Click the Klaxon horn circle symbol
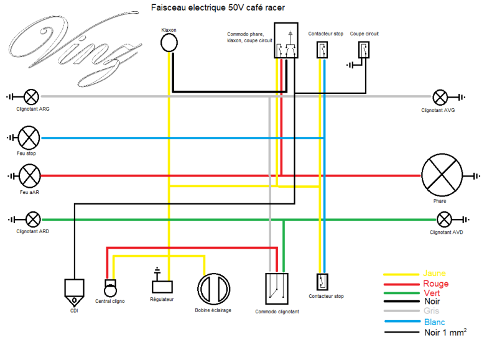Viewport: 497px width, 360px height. point(169,42)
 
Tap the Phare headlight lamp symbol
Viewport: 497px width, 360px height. point(442,175)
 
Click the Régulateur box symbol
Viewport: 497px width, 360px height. point(162,286)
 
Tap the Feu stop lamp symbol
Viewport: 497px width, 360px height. point(29,137)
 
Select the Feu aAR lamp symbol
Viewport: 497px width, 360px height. point(29,175)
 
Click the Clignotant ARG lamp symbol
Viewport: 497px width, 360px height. point(31,96)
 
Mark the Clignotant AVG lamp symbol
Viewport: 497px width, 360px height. point(440,96)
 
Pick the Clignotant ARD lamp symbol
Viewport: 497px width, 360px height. point(32,219)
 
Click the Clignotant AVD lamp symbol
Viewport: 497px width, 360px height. point(444,219)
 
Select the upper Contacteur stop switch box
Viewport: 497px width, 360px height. point(322,50)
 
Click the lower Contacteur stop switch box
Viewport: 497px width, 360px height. point(322,282)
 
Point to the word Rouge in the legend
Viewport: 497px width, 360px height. point(435,284)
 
